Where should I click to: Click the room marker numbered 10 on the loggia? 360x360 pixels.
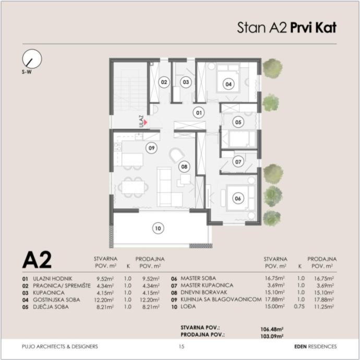[158, 228]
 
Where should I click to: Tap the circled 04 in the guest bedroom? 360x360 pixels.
[229, 84]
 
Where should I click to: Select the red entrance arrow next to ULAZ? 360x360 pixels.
[146, 123]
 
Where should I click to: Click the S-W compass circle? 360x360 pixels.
[32, 59]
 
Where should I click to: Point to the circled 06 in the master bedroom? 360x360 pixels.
[238, 198]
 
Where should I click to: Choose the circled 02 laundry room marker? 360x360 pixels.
[164, 82]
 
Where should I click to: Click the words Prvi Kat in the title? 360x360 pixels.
[314, 28]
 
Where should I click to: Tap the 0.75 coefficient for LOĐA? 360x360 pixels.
[299, 306]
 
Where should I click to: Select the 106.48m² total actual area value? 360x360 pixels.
[272, 329]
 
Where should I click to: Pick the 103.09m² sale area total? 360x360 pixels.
[272, 336]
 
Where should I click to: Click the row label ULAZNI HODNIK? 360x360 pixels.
[53, 279]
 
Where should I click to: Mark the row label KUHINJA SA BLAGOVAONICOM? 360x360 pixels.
[221, 299]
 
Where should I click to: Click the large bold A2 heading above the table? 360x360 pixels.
[37, 260]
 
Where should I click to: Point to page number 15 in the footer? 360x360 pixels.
[182, 346]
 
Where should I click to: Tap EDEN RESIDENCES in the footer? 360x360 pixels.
[316, 346]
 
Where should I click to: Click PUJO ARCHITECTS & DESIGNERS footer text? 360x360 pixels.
[60, 346]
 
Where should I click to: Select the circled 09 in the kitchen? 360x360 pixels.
[151, 148]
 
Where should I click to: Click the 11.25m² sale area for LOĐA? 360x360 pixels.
[324, 306]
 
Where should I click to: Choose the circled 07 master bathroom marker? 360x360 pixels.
[238, 162]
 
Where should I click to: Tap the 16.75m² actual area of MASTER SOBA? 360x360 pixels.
[274, 278]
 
